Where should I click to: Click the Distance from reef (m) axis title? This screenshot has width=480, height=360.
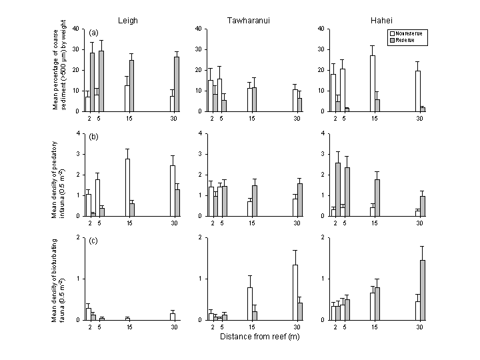255,336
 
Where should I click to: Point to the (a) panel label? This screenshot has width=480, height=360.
94,33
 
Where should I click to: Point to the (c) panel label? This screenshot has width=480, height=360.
94,241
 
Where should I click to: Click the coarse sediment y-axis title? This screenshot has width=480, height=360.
63,69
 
